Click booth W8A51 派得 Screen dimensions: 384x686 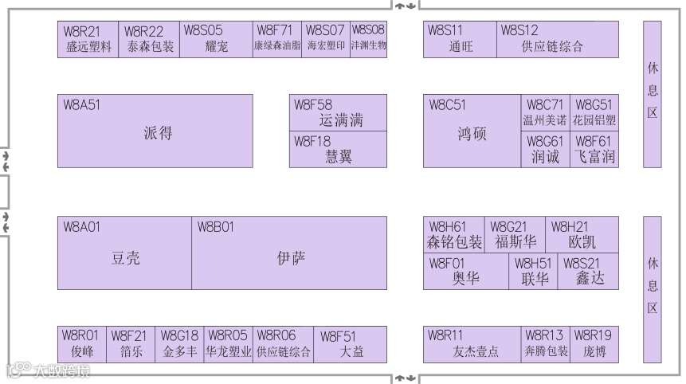(x=155, y=131)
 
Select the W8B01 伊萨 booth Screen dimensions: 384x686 (x=289, y=253)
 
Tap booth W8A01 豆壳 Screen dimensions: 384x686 (x=124, y=253)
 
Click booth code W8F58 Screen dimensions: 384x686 (x=313, y=104)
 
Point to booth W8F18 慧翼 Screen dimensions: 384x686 (x=338, y=150)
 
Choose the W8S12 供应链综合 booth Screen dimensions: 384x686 (x=558, y=39)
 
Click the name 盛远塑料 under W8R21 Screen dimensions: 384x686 (x=88, y=47)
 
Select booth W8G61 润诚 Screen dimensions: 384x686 (x=546, y=150)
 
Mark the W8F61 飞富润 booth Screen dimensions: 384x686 (x=594, y=150)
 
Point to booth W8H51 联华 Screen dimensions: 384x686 (x=534, y=271)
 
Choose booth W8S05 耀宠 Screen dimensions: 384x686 (x=216, y=39)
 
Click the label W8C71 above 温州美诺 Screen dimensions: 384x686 (x=545, y=104)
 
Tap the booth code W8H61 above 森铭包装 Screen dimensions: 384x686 (x=448, y=226)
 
